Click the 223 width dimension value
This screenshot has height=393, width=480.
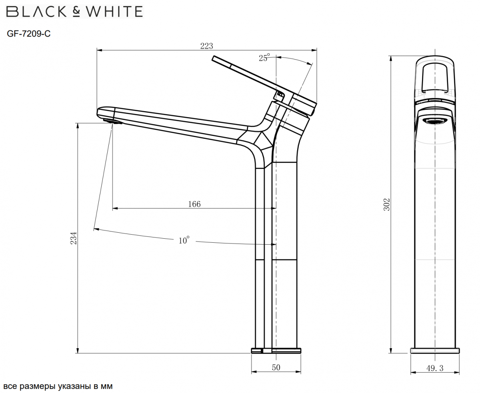click(x=206, y=46)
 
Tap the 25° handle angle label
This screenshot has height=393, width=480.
click(x=264, y=58)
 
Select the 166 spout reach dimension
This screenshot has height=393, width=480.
click(x=194, y=204)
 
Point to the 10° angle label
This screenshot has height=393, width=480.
click(x=184, y=240)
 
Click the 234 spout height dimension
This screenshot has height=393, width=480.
click(x=73, y=238)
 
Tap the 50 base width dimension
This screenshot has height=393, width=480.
click(x=276, y=367)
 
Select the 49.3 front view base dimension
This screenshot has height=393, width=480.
click(x=435, y=368)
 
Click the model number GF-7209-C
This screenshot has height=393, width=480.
click(x=29, y=34)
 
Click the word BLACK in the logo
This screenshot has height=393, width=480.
click(x=38, y=12)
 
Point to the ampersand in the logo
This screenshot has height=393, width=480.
click(x=76, y=12)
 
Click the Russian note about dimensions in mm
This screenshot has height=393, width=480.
click(x=58, y=386)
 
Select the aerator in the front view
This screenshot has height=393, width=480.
click(x=435, y=121)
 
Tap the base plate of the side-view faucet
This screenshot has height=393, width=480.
click(x=276, y=351)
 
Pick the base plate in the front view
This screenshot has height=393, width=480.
click(x=435, y=351)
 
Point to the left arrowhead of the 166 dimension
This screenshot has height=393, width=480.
click(x=114, y=208)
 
